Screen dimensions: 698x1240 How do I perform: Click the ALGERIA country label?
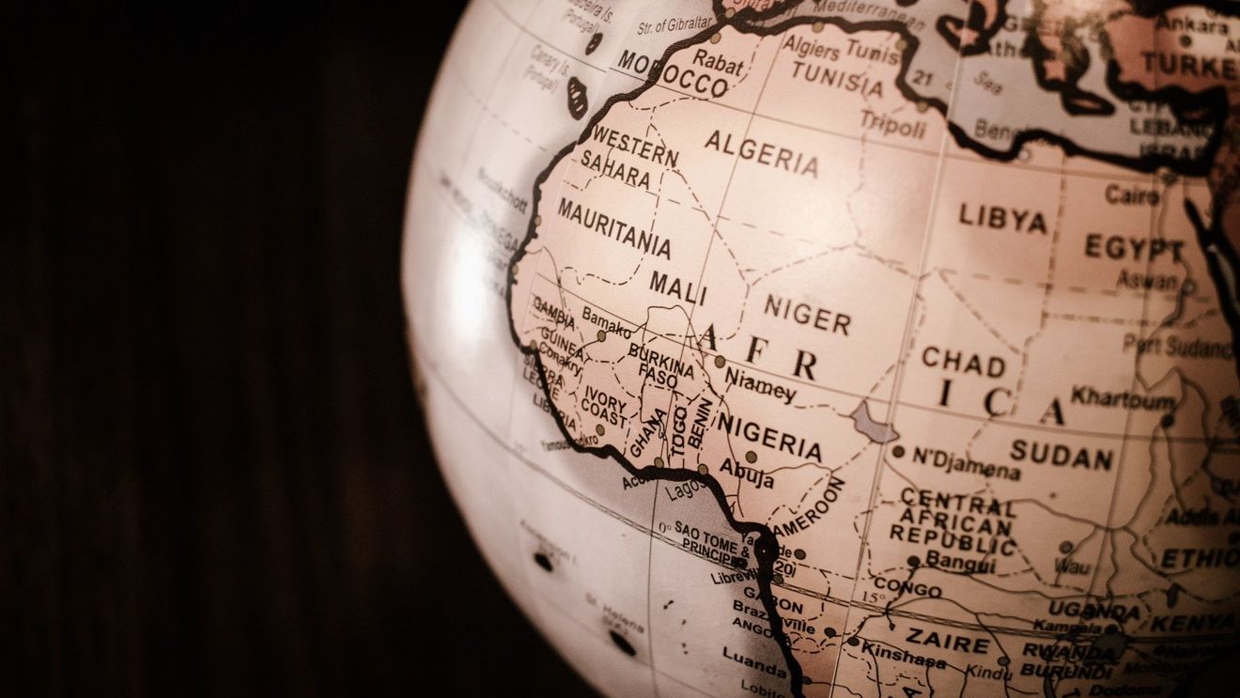click(761, 154)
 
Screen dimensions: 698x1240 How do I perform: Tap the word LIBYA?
click(1002, 219)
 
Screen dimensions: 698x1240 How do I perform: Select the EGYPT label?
click(1134, 249)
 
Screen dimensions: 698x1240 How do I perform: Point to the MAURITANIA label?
click(614, 228)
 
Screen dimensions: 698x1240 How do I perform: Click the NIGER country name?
click(807, 315)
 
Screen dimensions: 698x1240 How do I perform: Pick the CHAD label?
click(963, 361)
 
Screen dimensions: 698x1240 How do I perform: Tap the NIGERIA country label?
click(769, 437)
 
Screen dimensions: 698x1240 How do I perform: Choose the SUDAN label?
click(1062, 456)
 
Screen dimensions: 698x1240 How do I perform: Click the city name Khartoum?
click(1123, 397)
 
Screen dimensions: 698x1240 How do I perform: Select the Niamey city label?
click(760, 384)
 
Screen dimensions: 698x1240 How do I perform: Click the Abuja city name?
click(747, 473)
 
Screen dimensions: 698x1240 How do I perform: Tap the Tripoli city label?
click(892, 123)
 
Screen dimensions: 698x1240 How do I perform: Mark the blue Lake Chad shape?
click(874, 424)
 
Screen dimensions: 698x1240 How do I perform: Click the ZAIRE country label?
click(947, 642)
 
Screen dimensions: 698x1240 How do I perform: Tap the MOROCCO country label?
click(674, 73)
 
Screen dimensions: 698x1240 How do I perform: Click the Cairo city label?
click(1132, 194)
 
